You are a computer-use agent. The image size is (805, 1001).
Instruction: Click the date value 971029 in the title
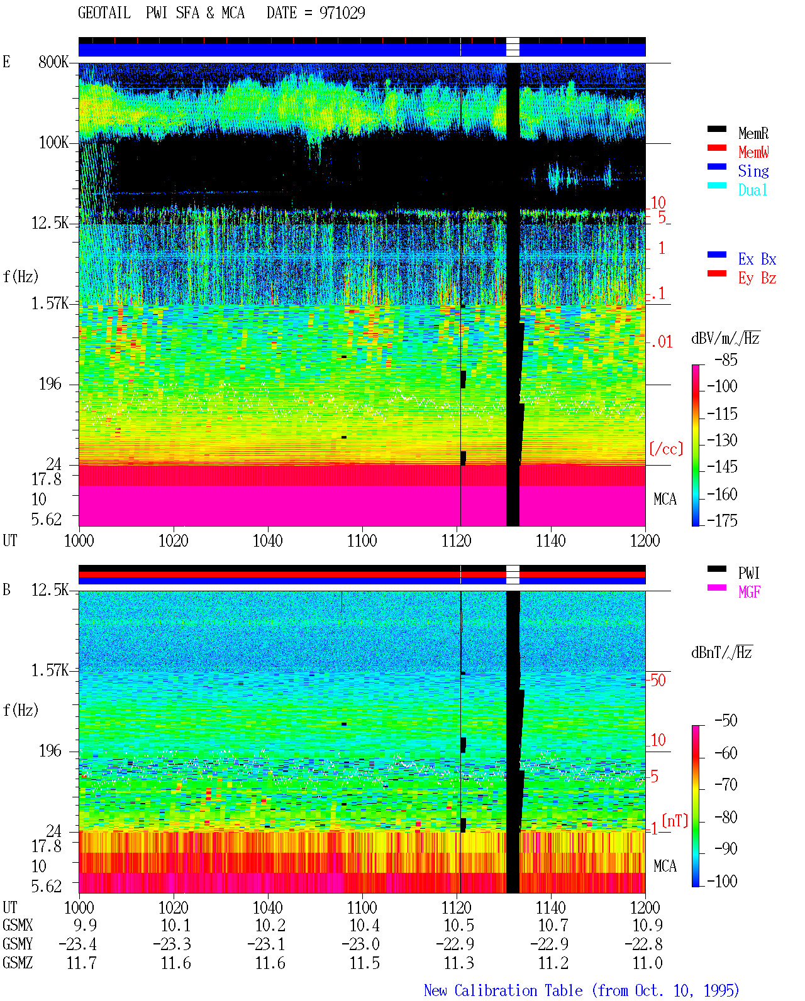[342, 13]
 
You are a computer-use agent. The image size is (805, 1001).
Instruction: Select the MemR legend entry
[753, 133]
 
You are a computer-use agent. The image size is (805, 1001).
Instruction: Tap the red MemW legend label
[753, 152]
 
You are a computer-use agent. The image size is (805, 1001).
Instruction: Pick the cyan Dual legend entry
[752, 190]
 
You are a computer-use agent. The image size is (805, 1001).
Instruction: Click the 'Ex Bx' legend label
[757, 259]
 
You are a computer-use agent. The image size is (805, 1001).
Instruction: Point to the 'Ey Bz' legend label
[757, 278]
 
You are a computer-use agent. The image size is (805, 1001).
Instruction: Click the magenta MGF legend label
[749, 592]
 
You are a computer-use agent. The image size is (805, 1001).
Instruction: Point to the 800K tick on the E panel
[53, 62]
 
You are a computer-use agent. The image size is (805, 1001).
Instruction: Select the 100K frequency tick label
[53, 143]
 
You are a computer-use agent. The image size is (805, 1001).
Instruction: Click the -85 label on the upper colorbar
[726, 359]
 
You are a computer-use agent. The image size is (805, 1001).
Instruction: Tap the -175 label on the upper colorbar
[722, 520]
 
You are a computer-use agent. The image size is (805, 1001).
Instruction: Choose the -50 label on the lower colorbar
[726, 721]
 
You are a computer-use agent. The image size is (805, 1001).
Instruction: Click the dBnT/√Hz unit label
[721, 652]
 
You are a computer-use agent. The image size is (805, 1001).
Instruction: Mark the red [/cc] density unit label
[666, 449]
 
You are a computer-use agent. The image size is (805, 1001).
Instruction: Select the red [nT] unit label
[675, 821]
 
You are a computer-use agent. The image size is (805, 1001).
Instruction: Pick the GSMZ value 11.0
[647, 963]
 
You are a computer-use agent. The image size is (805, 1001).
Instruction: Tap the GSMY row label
[18, 944]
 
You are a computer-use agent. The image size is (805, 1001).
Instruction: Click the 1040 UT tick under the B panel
[268, 907]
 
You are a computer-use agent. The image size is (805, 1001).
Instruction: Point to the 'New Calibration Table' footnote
[503, 990]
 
